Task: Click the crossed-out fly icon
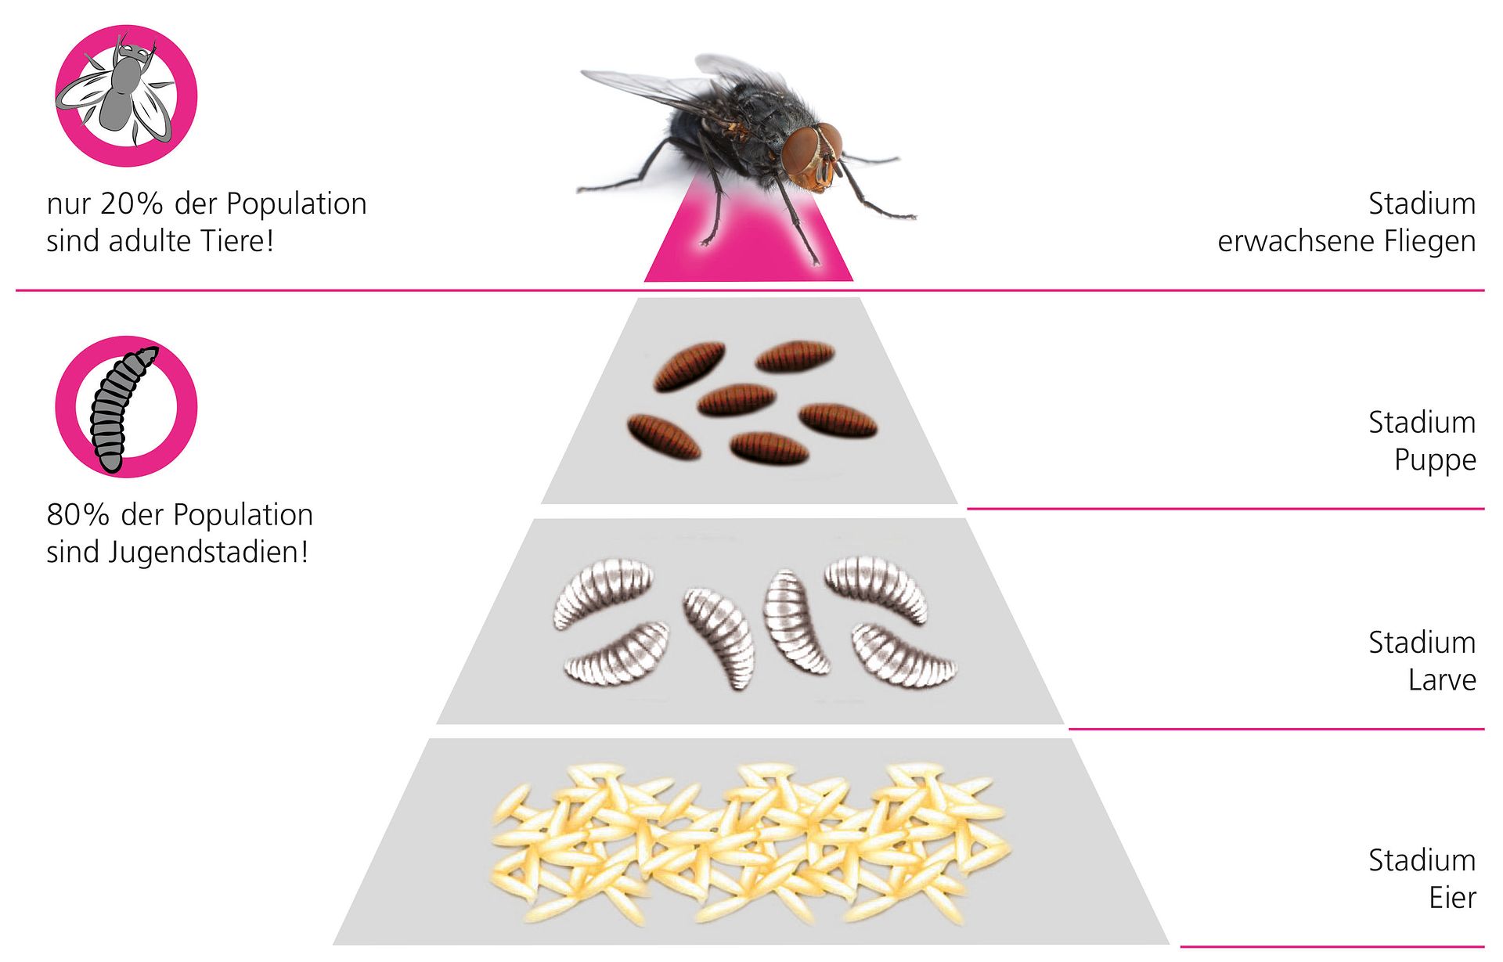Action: [126, 95]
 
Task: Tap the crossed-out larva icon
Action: [126, 407]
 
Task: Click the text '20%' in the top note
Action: [132, 204]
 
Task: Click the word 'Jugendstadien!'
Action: [208, 553]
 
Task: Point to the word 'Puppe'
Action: [1435, 460]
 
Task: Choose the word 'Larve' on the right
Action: [1442, 679]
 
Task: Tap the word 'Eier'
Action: [1453, 898]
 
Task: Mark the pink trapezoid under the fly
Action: [748, 235]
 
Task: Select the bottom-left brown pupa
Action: [664, 437]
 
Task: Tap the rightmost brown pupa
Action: [838, 420]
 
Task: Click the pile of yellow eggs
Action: [750, 843]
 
